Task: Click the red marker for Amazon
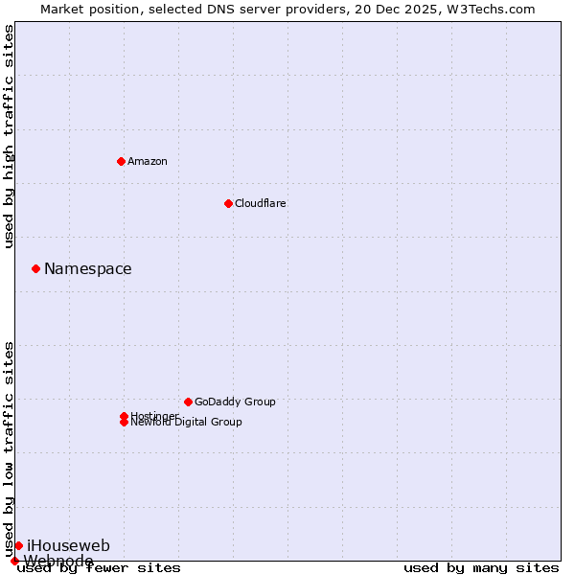(121, 161)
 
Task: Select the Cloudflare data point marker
(228, 203)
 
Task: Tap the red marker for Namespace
(35, 268)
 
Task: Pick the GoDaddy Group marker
(188, 402)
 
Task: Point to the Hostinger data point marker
(124, 416)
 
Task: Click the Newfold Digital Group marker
(124, 423)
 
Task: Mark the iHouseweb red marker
(18, 545)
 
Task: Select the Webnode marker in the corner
(14, 561)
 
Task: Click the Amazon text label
(148, 161)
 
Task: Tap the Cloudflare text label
(261, 203)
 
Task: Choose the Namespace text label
(88, 269)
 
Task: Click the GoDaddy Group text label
(235, 402)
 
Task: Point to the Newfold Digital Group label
(187, 423)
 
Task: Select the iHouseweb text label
(68, 546)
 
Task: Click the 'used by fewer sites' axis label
(100, 568)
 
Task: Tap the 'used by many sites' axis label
(481, 568)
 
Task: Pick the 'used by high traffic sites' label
(10, 136)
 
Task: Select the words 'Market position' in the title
(84, 9)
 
